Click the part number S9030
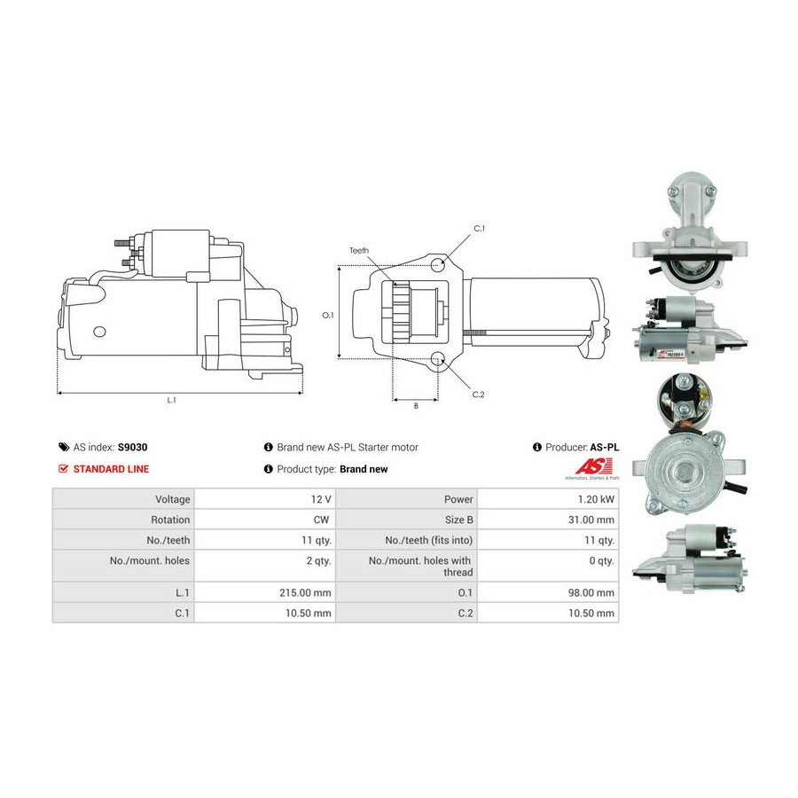point(132,448)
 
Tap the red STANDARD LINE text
point(111,469)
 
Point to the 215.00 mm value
point(305,592)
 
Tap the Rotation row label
point(170,520)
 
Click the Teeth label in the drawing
point(359,250)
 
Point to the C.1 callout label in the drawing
point(480,229)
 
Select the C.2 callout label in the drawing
point(479,395)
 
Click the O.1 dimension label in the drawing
point(328,315)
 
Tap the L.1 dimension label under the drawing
point(171,400)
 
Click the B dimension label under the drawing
point(416,405)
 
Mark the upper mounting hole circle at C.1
point(437,264)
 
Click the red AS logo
point(593,466)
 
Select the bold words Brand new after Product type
point(364,469)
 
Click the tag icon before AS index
point(64,448)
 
